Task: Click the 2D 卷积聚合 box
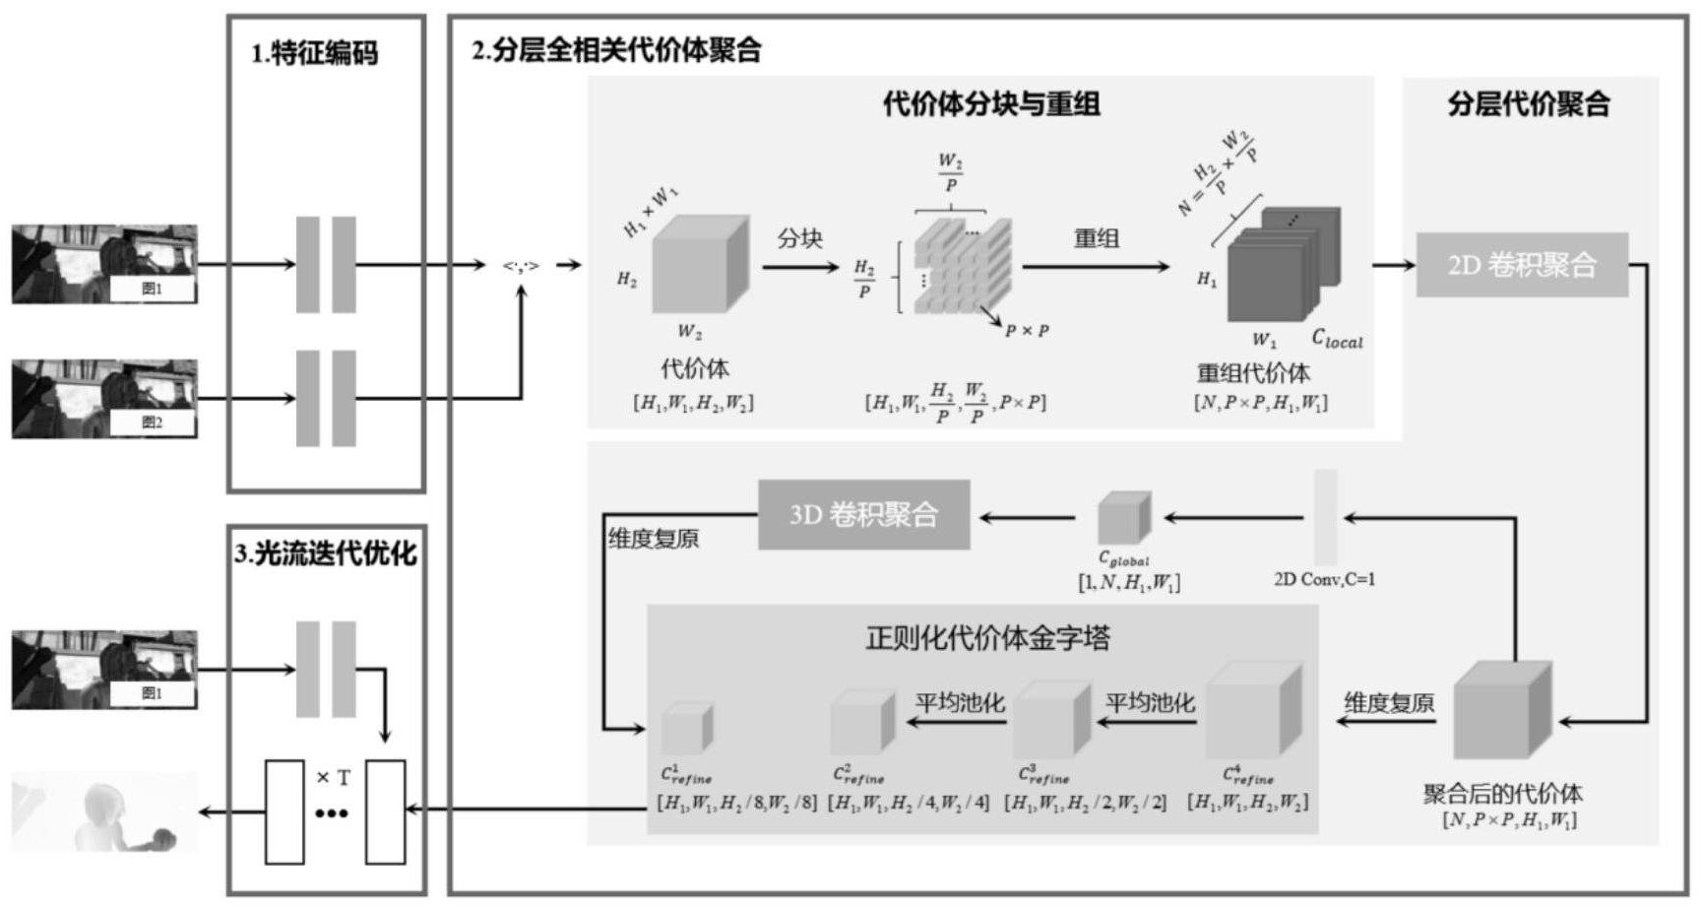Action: [1521, 265]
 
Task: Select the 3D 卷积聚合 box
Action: [863, 515]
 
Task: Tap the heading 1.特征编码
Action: [315, 53]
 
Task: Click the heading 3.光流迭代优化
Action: [326, 554]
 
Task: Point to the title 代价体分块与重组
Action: [990, 103]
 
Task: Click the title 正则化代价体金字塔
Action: [987, 638]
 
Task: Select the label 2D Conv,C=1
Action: [1324, 579]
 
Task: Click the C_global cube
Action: [1124, 517]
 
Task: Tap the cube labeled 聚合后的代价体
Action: [1502, 711]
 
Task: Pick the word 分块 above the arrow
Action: [799, 238]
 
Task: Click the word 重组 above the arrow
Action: [1096, 238]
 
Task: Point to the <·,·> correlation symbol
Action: [521, 265]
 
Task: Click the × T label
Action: [334, 778]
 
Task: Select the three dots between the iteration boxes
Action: [332, 813]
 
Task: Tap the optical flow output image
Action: [104, 812]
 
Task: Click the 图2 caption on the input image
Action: [152, 422]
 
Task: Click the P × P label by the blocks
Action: [1027, 331]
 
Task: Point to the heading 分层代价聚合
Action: [1528, 103]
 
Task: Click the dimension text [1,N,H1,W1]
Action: [1129, 583]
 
